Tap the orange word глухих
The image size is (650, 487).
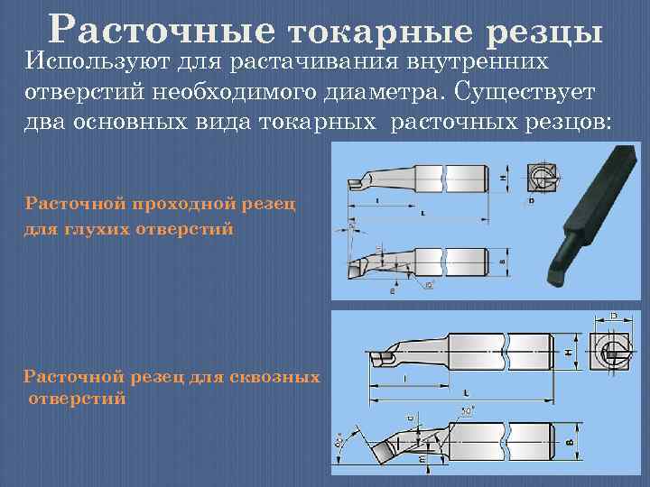[x=90, y=228]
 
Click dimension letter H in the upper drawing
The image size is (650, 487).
[x=501, y=178]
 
